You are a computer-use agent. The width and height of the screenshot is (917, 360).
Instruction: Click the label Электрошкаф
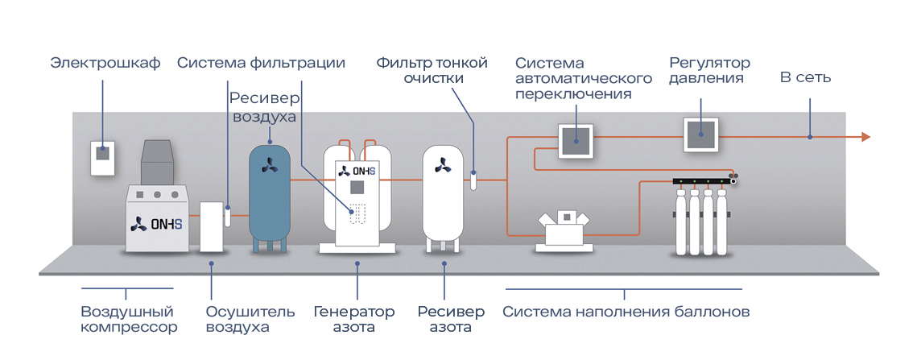point(105,63)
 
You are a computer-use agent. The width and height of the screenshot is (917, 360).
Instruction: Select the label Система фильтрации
point(262,63)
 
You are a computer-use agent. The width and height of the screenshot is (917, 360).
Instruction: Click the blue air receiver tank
point(270,192)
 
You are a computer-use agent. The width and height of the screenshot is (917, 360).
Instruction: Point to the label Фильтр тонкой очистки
point(433,70)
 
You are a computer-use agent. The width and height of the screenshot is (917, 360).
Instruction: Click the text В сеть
point(805,78)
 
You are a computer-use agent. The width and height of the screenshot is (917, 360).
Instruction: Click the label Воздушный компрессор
point(129,319)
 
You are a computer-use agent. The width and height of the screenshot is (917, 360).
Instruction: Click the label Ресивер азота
point(451,319)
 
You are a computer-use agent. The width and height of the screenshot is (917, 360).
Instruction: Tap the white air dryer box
point(211,227)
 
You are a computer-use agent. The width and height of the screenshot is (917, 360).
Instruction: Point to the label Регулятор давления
point(709,70)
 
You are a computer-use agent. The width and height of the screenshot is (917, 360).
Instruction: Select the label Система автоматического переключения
point(583,78)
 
